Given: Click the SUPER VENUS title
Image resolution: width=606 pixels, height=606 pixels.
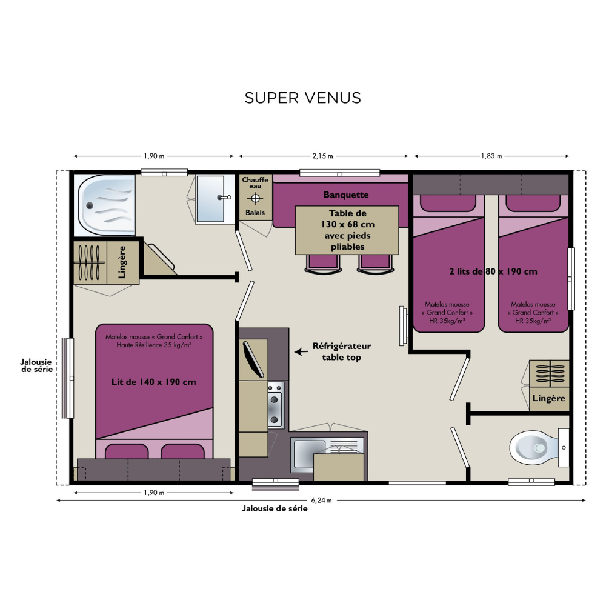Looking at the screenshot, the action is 302,98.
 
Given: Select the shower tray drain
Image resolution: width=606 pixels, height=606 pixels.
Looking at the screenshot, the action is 90,205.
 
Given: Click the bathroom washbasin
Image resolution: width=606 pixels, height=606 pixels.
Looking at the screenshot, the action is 211,199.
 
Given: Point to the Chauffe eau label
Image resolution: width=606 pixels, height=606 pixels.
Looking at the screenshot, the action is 255,183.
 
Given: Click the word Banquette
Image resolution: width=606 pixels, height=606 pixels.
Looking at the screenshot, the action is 346,195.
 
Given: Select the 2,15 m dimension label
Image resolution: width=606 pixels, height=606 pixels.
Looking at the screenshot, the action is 323,156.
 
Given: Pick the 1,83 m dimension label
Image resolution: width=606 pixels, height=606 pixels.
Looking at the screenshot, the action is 491,156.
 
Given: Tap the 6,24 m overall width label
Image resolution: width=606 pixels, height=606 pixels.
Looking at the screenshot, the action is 322,500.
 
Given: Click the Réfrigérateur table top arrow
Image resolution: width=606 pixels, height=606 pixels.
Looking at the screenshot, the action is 301,351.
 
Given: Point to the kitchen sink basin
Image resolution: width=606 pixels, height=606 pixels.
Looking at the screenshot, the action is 309,454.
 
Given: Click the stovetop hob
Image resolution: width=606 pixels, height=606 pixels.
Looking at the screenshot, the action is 276,405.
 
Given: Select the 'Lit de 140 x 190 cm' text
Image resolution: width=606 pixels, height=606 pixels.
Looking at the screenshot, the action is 154,382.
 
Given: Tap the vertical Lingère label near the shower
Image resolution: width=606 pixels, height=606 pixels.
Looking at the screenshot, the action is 122,262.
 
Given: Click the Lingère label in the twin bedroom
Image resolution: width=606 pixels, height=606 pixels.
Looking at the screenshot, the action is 549,399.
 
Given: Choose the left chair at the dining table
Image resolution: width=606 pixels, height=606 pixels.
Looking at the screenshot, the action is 323,264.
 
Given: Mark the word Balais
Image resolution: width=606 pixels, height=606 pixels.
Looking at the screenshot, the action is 255,213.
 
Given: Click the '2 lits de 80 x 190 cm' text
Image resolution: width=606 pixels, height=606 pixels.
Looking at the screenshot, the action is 493,271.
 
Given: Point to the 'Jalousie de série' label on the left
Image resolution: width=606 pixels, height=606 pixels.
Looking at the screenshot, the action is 36,365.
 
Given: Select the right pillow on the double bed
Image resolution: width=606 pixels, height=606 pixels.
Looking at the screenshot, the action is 182,451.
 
